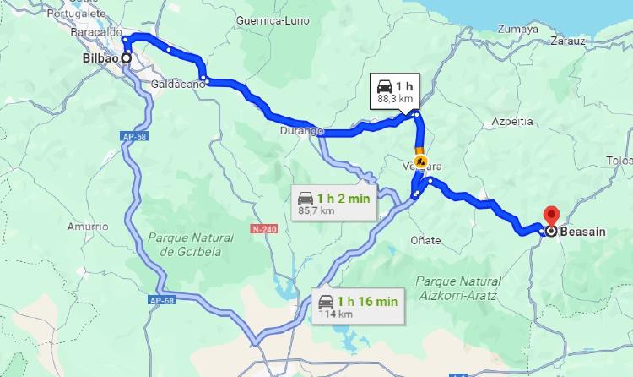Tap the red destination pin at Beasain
(551, 216)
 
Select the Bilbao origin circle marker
(127, 58)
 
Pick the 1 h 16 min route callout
(356, 305)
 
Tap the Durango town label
(302, 132)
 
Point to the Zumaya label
(518, 29)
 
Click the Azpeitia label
(512, 122)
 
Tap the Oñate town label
(425, 240)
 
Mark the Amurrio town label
(89, 227)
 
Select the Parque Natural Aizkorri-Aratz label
(458, 287)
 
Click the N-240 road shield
(263, 228)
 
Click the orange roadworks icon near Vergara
(422, 161)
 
